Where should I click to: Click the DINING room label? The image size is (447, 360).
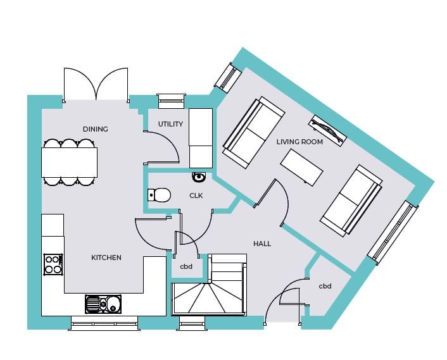click(96, 129)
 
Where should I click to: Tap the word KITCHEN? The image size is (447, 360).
click(106, 258)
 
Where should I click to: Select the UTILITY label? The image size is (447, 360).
click(170, 124)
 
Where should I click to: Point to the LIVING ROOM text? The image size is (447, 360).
click(299, 142)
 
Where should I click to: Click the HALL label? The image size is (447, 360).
click(262, 244)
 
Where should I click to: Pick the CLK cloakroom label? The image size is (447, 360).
click(196, 196)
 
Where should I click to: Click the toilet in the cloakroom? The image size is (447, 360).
click(160, 195)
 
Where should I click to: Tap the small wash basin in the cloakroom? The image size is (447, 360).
click(199, 177)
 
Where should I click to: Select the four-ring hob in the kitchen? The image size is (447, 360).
click(53, 264)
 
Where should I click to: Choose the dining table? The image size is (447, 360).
click(70, 162)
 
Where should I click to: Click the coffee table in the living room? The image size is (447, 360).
click(302, 167)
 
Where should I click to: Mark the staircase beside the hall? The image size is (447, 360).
click(208, 289)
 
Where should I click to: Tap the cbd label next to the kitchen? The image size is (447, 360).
click(186, 266)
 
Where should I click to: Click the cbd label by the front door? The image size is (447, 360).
click(325, 286)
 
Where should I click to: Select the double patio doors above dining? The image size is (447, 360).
click(96, 84)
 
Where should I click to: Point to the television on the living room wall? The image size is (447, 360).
click(327, 129)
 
